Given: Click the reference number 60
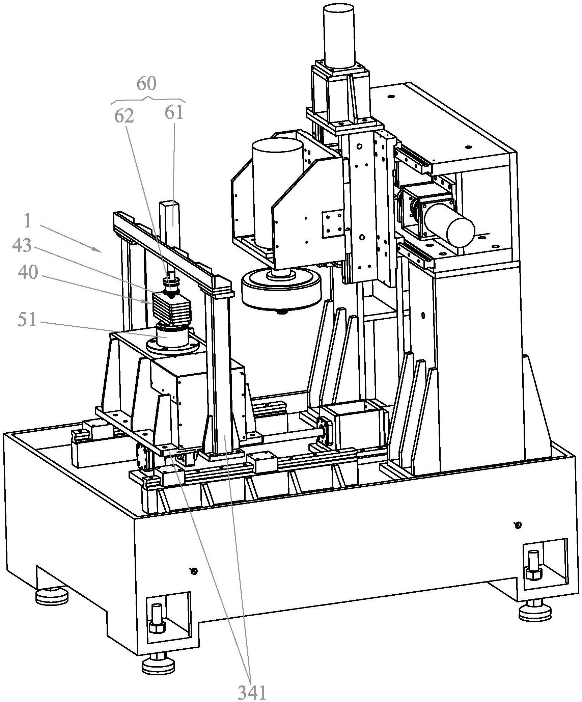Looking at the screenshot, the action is tap(146, 84).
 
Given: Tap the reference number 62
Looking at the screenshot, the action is tap(124, 116).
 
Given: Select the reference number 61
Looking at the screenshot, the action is tap(174, 113).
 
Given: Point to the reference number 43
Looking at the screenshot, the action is tap(22, 245).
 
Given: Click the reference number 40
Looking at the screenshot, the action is tap(28, 272).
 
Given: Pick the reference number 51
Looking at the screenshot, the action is tap(27, 319).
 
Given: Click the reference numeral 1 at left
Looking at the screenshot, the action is tap(28, 221).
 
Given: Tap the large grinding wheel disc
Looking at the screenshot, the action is tap(281, 289).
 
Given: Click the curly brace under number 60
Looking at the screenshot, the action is tap(148, 99).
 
